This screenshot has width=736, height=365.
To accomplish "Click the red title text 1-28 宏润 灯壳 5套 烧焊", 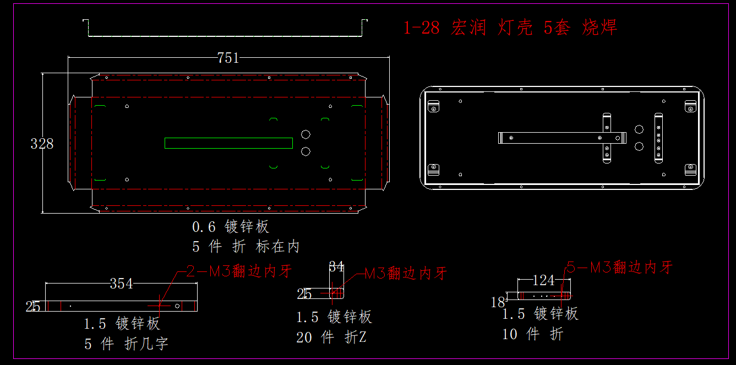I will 510,27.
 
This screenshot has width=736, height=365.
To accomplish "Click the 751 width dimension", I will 228,58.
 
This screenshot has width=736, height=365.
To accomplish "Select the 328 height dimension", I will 42,144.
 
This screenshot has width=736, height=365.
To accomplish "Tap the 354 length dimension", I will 121,284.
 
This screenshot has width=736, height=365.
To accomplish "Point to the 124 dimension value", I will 543,280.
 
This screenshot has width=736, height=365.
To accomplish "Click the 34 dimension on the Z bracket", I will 336,268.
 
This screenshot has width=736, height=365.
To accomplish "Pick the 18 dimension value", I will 498,302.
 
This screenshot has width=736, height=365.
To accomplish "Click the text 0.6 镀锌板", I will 230,226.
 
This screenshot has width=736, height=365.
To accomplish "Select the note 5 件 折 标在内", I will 246,246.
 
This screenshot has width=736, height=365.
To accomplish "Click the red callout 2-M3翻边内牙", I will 238,271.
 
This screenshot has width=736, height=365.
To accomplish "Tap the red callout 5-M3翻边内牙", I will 620,268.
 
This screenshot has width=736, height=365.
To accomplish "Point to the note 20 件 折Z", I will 331,337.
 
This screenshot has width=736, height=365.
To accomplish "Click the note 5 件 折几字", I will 126,344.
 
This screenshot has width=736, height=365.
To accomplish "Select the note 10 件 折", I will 532,334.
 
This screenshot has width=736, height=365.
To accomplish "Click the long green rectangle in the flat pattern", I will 228,143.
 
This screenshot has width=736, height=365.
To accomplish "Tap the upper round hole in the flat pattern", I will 306,134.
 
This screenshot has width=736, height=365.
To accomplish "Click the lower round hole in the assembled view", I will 639,146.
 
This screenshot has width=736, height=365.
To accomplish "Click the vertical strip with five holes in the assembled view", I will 658,138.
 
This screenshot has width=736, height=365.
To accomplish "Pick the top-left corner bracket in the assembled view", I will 434,106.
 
